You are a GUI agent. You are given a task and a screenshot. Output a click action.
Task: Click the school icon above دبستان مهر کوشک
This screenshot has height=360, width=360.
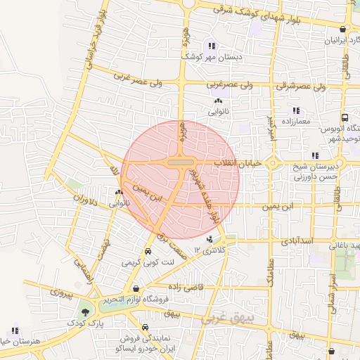210,46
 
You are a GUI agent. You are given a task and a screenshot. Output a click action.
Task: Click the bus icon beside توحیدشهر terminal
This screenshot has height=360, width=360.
345,118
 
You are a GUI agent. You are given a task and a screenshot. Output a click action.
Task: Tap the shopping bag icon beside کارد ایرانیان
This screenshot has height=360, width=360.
342,30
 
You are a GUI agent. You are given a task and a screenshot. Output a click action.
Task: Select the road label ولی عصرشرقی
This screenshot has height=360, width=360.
304,86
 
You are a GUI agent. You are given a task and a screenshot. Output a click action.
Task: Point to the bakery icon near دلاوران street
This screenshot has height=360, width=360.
119,192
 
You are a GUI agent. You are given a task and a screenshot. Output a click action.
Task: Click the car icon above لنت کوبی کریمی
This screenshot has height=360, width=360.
148,252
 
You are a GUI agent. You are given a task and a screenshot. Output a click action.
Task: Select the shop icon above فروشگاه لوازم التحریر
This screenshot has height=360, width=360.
136,289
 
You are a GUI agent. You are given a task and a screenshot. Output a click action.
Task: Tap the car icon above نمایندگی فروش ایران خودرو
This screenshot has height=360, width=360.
145,327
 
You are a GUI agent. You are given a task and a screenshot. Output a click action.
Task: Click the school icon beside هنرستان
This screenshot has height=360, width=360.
15,330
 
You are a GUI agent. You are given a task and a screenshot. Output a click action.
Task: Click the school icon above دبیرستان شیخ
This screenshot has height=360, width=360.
314,155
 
